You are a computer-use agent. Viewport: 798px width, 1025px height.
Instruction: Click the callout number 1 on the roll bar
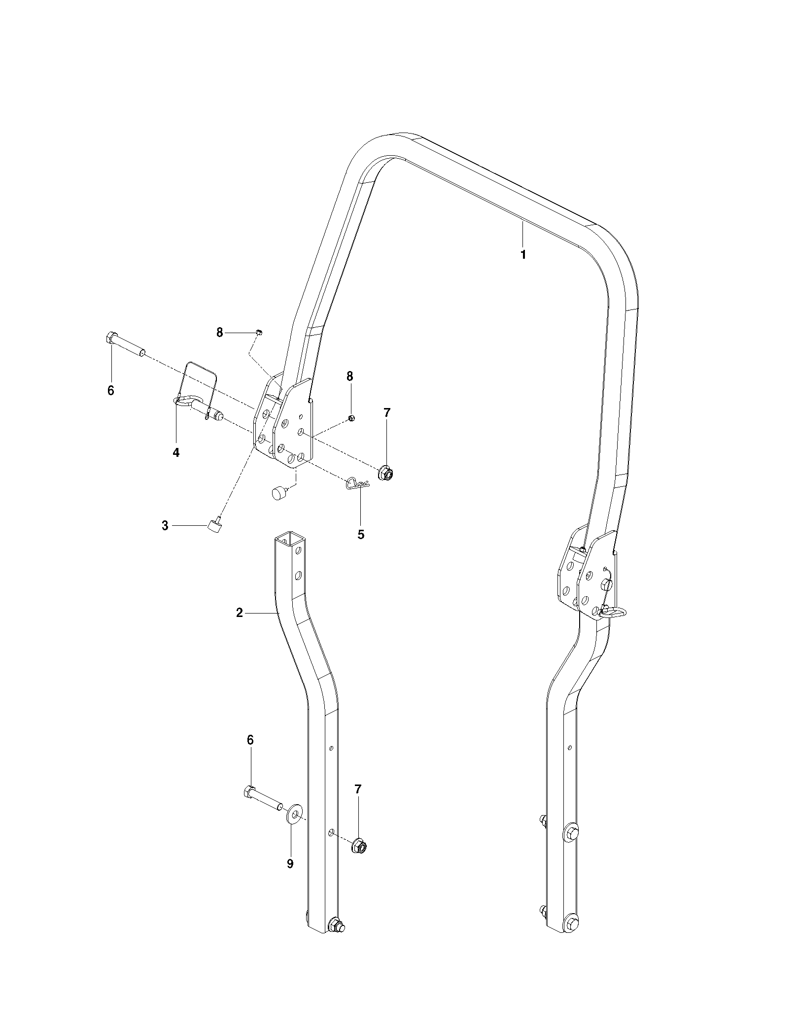click(x=523, y=255)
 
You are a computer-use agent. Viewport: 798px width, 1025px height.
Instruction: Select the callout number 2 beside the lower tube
click(x=240, y=613)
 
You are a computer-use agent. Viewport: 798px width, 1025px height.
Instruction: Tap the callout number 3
click(x=165, y=526)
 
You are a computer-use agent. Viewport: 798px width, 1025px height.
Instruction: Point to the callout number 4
click(x=176, y=452)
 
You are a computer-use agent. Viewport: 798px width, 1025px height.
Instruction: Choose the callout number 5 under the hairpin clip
click(x=361, y=535)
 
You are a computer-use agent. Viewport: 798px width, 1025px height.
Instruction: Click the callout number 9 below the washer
click(x=290, y=863)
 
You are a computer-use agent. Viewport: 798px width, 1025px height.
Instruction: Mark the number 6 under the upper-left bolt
click(x=110, y=390)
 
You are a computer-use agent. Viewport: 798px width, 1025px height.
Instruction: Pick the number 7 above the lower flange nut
click(x=358, y=789)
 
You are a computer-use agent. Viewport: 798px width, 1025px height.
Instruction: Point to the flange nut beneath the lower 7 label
click(x=360, y=847)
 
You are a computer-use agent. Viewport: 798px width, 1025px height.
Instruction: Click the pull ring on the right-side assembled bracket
click(x=614, y=613)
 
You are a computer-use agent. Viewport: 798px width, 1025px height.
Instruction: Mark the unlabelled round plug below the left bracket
click(x=279, y=492)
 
